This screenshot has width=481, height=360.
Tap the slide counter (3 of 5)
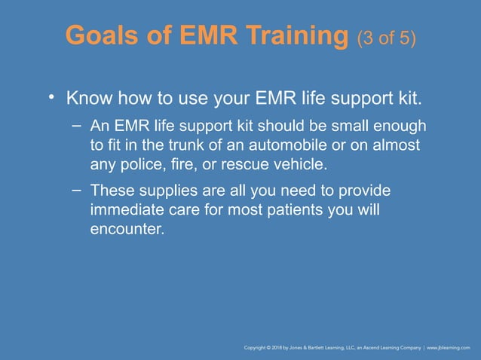pos(387,38)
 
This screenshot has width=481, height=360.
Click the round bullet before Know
pos(52,97)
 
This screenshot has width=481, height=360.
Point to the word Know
pos(87,99)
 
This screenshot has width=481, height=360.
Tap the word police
pos(134,162)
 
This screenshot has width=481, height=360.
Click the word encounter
pos(125,228)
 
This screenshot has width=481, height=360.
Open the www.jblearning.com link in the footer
pos(449,348)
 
